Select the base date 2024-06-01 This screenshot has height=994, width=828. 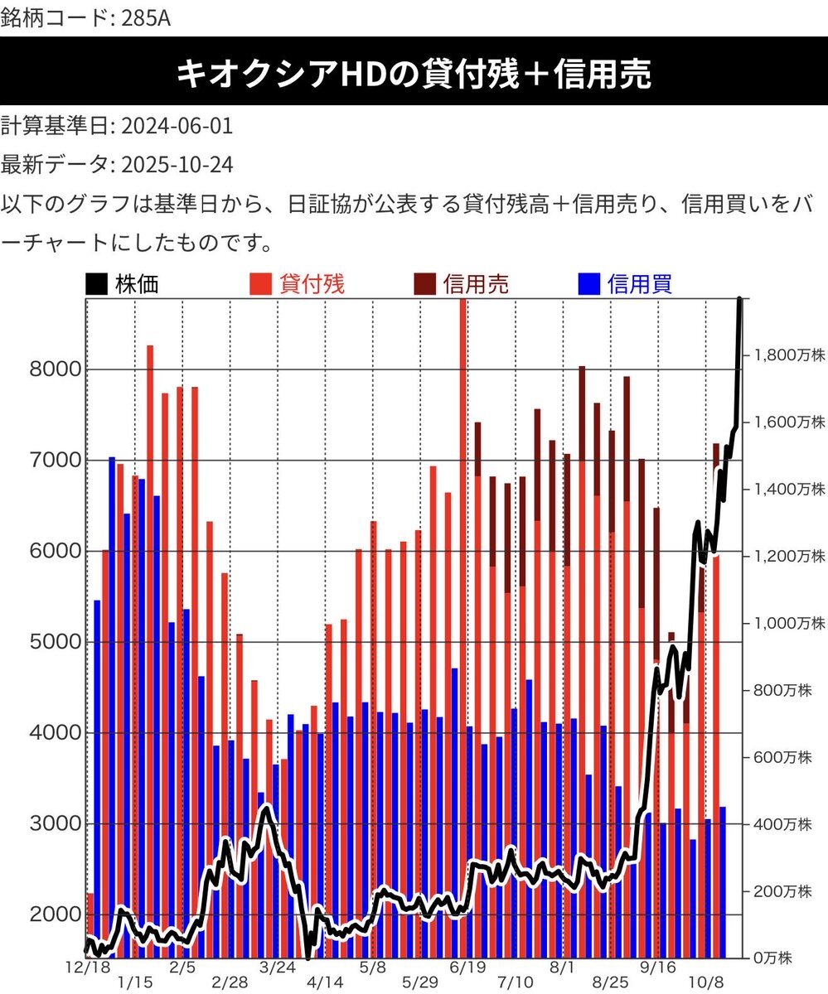point(177,127)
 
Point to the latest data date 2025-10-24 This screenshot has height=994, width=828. point(177,164)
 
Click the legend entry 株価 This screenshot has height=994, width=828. point(136,285)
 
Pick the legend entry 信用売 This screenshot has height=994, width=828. point(476,285)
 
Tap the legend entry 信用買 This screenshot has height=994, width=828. point(639,285)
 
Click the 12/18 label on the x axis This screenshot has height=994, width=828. point(86,967)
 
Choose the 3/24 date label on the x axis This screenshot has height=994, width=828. point(278,967)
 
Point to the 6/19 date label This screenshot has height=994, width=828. point(467,967)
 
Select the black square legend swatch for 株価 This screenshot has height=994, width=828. point(97,285)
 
